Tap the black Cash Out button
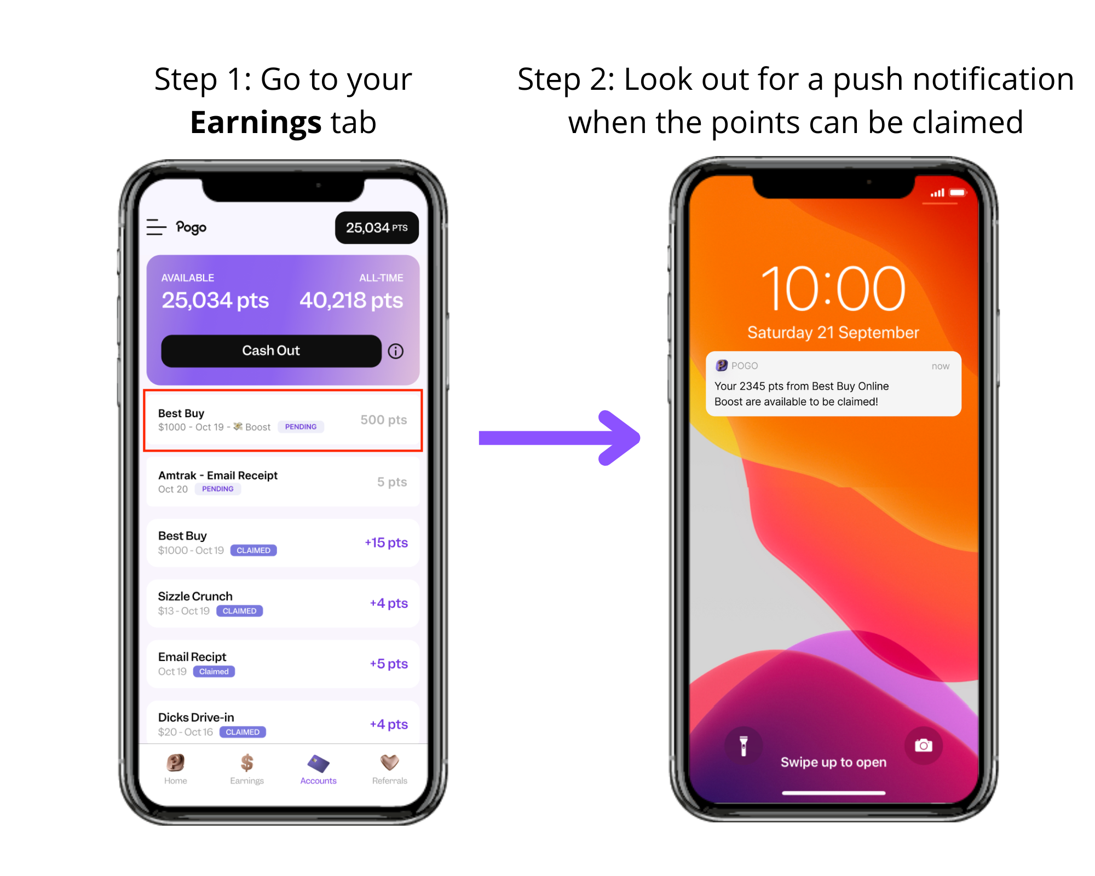[x=271, y=350]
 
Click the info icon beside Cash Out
[x=396, y=351]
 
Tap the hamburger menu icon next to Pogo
[x=156, y=227]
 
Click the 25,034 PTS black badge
[x=377, y=228]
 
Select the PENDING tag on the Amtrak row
[x=218, y=489]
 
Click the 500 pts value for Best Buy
[x=384, y=420]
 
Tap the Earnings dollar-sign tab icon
[x=247, y=763]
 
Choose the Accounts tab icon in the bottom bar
[x=318, y=763]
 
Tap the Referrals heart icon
[x=390, y=762]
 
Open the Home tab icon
[x=176, y=763]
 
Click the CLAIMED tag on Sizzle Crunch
[x=240, y=611]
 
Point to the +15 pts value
[x=386, y=543]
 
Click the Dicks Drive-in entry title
[x=196, y=717]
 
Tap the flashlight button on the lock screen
[x=744, y=746]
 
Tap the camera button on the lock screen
[x=924, y=746]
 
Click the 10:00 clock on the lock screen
[x=833, y=288]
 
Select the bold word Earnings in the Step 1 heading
[x=256, y=122]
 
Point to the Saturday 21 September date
[x=833, y=332]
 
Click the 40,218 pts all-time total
[x=351, y=301]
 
